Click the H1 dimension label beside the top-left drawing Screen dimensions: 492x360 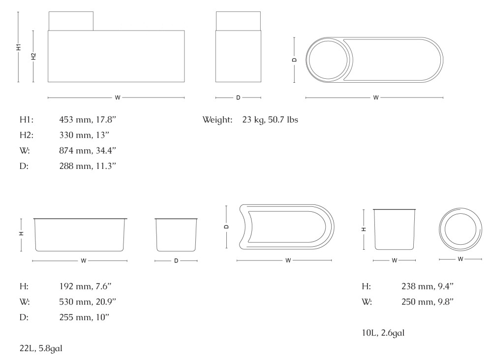click(x=19, y=47)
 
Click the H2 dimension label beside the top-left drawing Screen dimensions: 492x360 click(x=33, y=56)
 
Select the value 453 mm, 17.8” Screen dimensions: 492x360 click(x=88, y=120)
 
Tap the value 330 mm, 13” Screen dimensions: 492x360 click(x=84, y=135)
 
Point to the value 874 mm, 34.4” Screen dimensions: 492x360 click(x=88, y=151)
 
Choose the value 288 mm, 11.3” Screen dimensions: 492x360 click(x=88, y=166)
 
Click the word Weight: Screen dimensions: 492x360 click(x=217, y=120)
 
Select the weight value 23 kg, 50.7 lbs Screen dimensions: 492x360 click(x=270, y=120)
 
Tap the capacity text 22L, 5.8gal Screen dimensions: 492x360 click(x=41, y=348)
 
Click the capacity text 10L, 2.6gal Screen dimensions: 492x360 click(x=383, y=333)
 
